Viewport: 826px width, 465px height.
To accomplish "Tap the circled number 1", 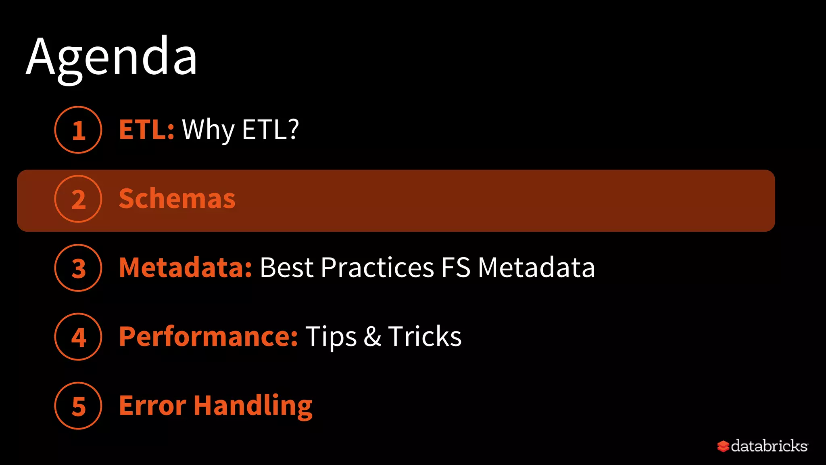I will point(78,130).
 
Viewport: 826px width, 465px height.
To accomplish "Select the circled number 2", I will point(78,199).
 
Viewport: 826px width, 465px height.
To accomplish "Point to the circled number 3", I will point(78,268).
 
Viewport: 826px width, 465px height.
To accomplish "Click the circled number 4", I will point(78,337).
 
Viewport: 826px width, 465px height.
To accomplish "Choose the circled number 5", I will point(78,406).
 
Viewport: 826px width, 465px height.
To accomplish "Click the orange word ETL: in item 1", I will point(146,130).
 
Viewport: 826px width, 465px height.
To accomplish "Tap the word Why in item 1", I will point(208,130).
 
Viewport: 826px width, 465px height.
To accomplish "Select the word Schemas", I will point(177,199).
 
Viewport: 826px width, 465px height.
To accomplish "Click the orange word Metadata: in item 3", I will point(186,268).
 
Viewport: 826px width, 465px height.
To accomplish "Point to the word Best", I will point(286,268).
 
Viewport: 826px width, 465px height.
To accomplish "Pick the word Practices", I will point(378,268).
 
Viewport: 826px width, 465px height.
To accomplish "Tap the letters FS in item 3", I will point(456,268).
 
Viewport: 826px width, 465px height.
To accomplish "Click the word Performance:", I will point(208,337).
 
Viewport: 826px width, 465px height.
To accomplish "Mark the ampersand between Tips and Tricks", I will point(372,337).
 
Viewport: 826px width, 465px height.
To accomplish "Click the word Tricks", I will point(425,337).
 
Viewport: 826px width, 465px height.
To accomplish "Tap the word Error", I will point(152,406).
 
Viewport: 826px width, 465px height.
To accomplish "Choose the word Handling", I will point(253,406).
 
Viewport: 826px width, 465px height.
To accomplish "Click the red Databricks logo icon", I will point(723,446).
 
